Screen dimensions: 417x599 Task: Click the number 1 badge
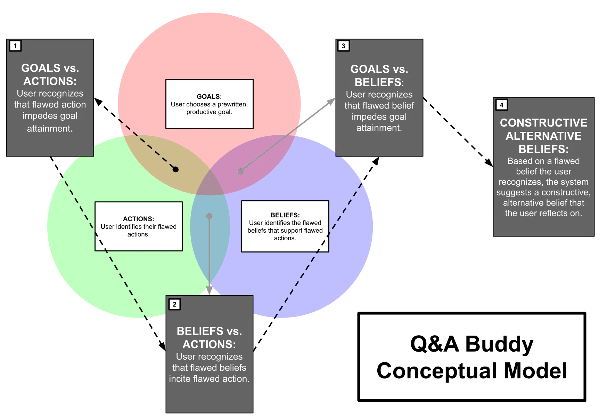(15, 46)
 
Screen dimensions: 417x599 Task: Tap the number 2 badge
(174, 304)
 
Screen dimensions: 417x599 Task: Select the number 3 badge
(343, 46)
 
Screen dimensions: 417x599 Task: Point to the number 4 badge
(501, 105)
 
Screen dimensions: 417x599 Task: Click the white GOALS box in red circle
(209, 104)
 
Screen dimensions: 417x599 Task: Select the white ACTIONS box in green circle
(138, 226)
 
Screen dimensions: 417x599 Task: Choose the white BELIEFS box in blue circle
(285, 226)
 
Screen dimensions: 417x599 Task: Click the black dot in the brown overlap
(175, 169)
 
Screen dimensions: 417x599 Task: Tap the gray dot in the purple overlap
(240, 171)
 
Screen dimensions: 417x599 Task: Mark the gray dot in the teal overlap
(209, 216)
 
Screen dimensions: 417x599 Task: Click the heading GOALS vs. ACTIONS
(50, 74)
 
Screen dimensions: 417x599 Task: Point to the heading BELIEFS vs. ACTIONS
(209, 337)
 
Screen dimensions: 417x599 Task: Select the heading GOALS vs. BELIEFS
(379, 75)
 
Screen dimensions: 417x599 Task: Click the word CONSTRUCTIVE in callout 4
(543, 123)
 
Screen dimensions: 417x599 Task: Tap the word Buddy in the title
(499, 344)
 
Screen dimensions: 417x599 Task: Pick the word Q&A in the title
(434, 344)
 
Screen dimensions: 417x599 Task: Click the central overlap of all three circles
(210, 183)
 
